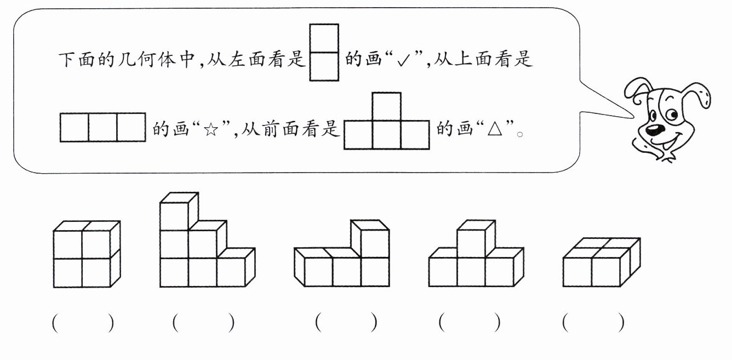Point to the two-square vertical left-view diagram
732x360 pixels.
(324, 53)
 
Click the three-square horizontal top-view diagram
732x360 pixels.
(103, 127)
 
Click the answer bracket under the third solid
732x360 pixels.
(346, 322)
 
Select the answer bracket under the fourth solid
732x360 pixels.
(470, 323)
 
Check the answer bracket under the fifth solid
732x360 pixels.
(593, 323)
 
